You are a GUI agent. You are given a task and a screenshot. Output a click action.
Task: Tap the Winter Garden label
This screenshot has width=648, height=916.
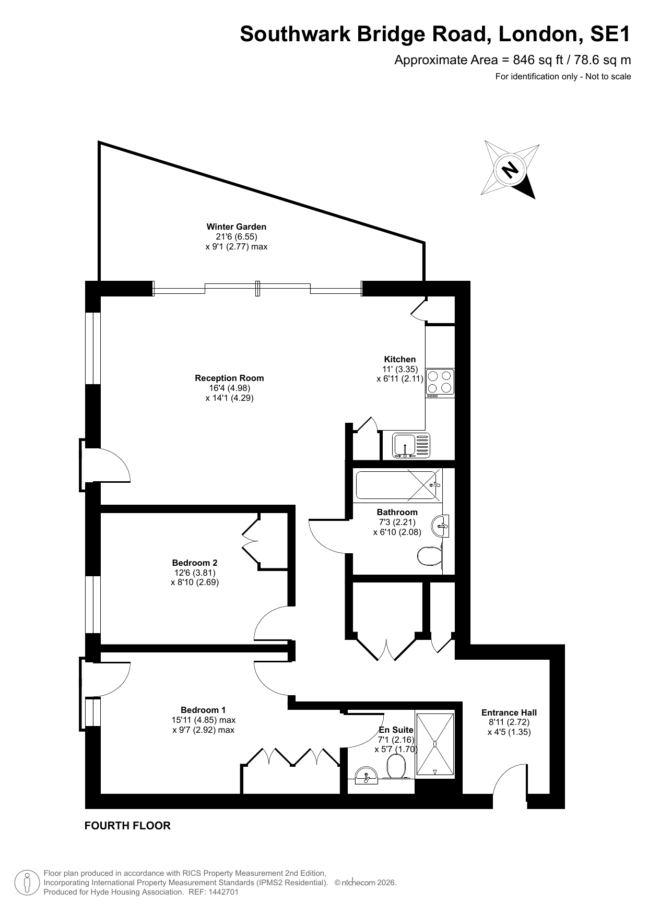tap(237, 227)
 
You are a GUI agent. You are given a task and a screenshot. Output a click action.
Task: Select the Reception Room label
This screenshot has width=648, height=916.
tap(229, 378)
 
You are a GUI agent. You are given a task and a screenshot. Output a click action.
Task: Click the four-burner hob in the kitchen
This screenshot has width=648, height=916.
tap(440, 382)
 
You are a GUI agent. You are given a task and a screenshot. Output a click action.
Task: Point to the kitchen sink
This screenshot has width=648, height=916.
tap(411, 445)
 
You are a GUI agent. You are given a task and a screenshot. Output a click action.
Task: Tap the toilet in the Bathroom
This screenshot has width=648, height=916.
tap(430, 556)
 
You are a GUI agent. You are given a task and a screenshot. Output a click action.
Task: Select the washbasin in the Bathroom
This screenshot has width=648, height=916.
tap(441, 526)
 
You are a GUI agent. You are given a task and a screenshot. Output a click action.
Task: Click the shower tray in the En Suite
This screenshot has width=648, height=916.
tap(434, 744)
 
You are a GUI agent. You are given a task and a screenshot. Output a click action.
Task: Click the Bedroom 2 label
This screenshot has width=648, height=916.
tap(195, 563)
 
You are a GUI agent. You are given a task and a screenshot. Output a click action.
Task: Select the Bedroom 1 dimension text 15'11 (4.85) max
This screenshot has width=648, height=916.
tap(200, 720)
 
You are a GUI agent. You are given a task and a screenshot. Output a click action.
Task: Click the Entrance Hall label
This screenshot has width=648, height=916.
tap(509, 712)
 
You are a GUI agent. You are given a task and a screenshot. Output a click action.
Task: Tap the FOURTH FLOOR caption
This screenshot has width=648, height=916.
tap(127, 826)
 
